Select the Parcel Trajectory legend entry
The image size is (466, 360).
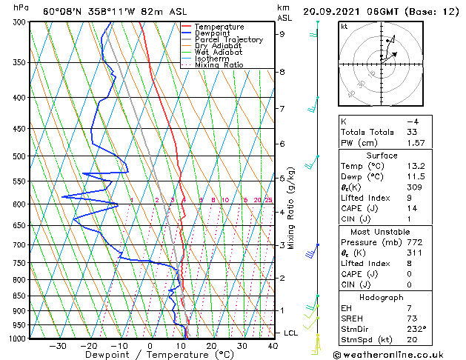228,40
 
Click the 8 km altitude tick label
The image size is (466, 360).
282,72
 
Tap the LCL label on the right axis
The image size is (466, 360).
291,333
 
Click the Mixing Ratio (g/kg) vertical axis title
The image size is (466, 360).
292,207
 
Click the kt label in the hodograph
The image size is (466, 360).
344,26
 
